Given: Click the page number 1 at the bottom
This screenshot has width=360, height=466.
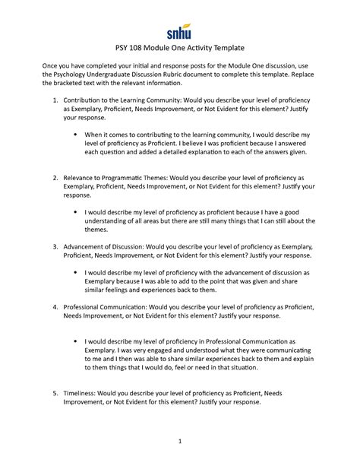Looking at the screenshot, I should click(x=180, y=440).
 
